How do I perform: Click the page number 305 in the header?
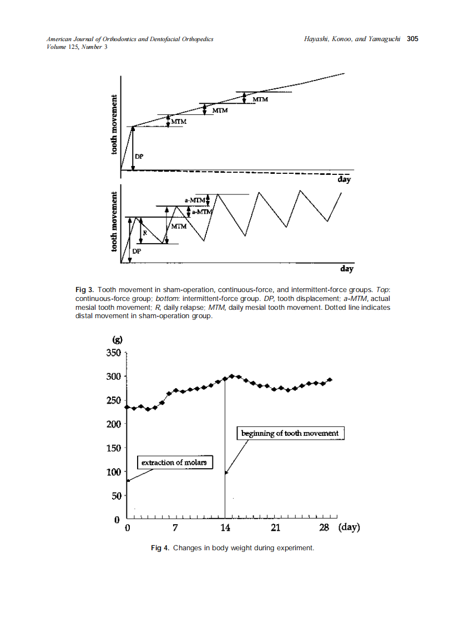(x=412, y=39)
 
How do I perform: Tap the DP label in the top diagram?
(x=139, y=157)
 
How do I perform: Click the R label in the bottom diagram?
(x=144, y=234)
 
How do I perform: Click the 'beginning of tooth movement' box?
(x=291, y=433)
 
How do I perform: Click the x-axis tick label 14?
(x=225, y=527)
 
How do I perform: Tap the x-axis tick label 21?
(x=275, y=527)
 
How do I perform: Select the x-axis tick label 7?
(x=175, y=527)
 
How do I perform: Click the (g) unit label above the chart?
(x=118, y=339)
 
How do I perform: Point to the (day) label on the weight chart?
(x=349, y=527)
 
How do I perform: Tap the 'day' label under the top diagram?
(x=344, y=180)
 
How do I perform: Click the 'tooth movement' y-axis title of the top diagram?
(x=114, y=125)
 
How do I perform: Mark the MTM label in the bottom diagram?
(x=179, y=227)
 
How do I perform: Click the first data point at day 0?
(x=127, y=407)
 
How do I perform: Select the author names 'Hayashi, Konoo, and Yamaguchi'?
(x=352, y=39)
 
